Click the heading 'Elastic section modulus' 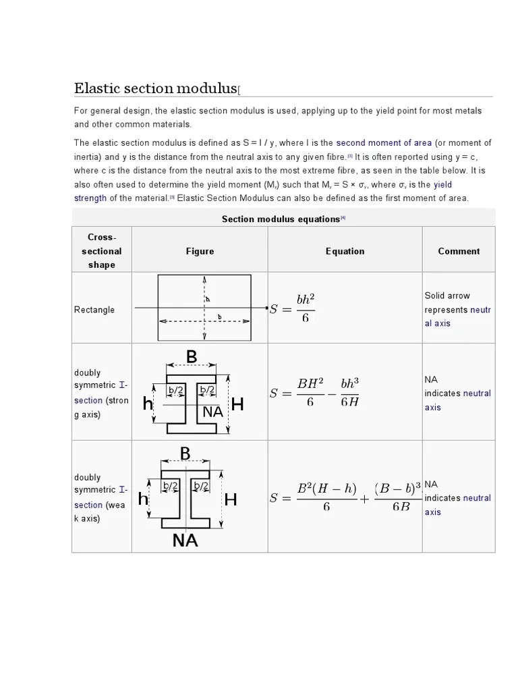(154, 88)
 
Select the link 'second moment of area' (383, 142)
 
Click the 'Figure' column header (200, 251)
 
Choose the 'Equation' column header (345, 251)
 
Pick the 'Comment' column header (459, 251)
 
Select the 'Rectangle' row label (94, 310)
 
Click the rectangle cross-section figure (204, 308)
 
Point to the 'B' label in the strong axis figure (192, 357)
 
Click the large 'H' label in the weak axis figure (231, 500)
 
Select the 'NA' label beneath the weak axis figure (185, 541)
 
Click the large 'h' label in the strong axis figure (147, 404)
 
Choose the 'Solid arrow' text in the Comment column (447, 296)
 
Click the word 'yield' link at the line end (443, 184)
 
